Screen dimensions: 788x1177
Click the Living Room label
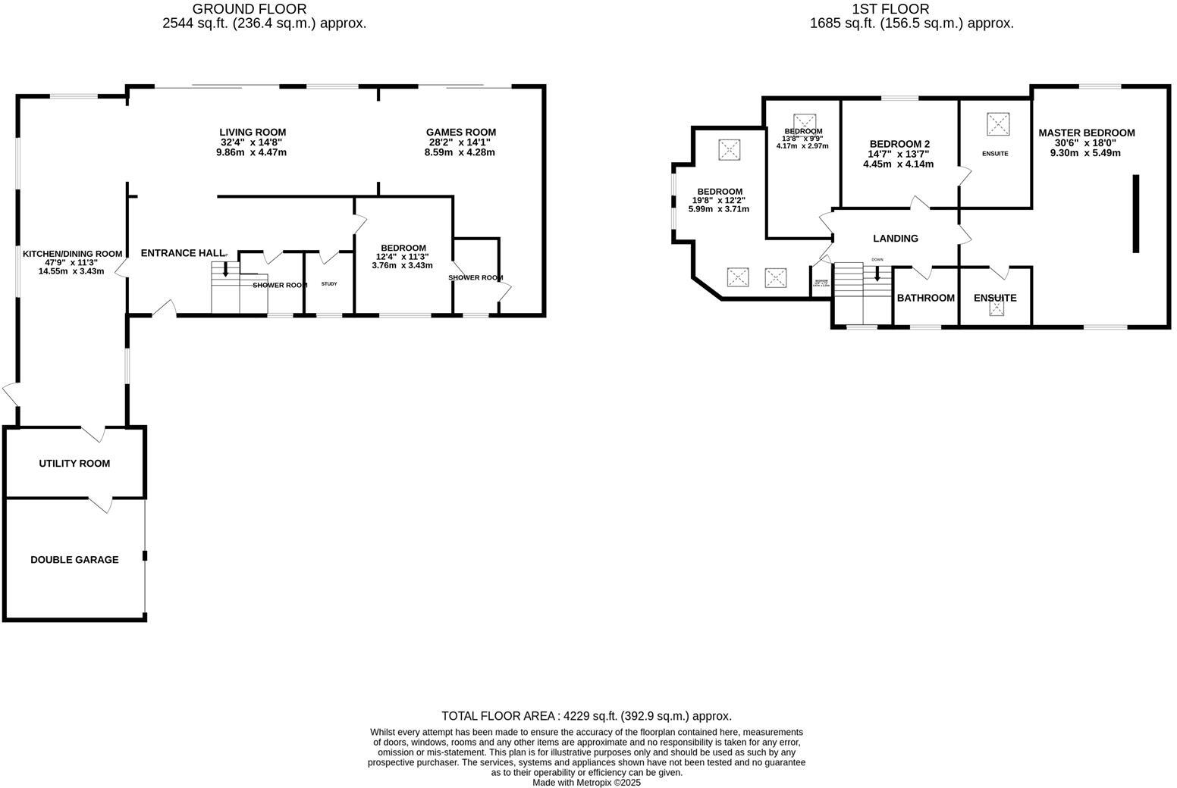253,133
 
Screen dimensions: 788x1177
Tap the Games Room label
460,133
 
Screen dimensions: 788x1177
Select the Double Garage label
74,560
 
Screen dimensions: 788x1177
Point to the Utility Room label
74,464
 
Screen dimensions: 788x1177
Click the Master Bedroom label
1086,133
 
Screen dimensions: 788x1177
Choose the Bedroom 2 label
899,144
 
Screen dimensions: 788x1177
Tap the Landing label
895,239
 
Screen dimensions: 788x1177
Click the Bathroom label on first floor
925,299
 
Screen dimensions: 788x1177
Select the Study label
329,284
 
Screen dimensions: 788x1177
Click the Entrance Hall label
182,253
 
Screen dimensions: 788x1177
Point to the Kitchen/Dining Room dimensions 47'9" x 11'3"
71,262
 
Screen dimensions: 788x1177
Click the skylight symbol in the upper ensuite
997,123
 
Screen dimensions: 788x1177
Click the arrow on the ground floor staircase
225,270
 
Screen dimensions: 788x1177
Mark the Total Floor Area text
586,716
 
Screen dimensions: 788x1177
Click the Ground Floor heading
250,9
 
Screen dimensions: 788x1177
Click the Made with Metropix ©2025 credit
586,783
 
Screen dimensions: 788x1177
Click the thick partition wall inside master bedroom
1135,214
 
